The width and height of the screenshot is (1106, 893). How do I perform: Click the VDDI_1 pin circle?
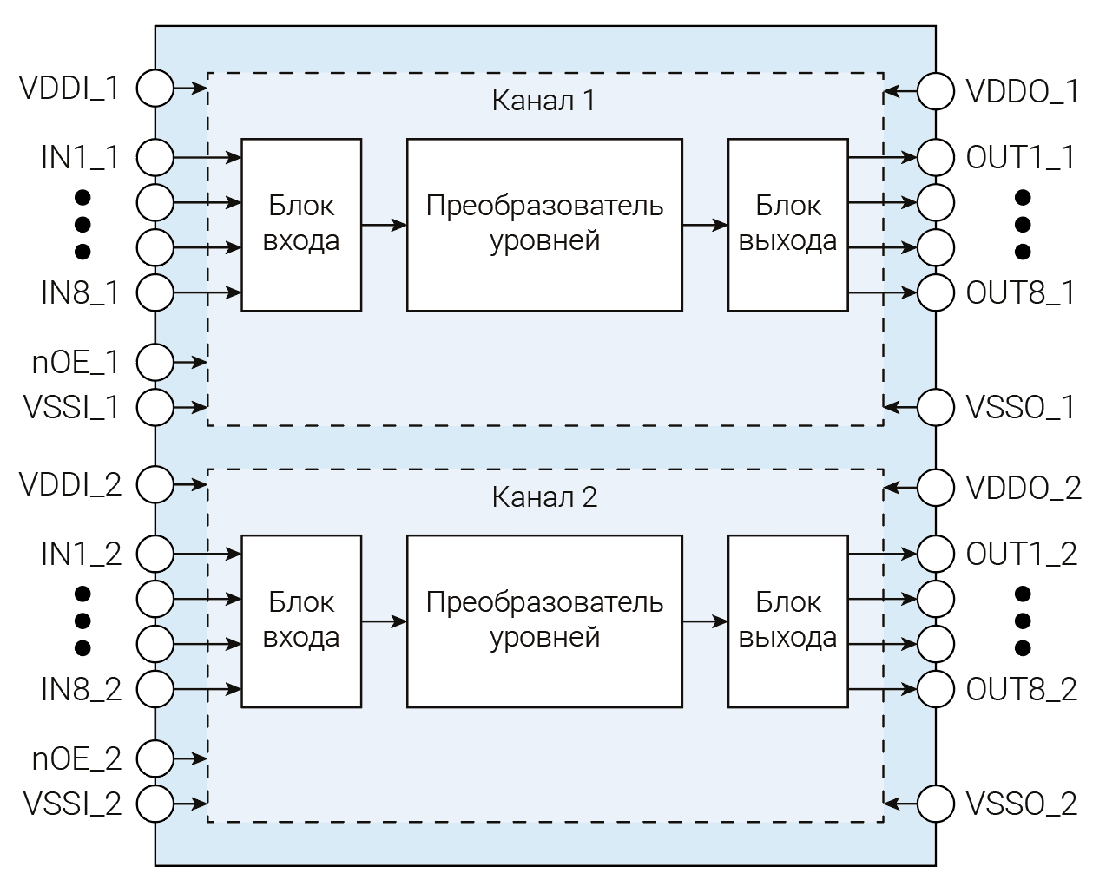coord(155,87)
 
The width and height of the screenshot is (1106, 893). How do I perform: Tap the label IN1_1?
coord(80,158)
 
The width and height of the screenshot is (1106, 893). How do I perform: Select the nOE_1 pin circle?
coord(155,363)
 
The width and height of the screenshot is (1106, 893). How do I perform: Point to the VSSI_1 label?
coord(72,407)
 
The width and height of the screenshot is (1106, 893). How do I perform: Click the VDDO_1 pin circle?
coord(936,91)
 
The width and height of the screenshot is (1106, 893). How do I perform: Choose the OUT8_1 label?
coord(1021,293)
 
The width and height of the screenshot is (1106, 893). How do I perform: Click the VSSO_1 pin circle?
coord(936,407)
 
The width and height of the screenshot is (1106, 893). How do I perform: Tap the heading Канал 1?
coord(543,101)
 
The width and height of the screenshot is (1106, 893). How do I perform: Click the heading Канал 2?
coord(544,497)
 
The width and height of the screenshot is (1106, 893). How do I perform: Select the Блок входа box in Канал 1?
coord(301,224)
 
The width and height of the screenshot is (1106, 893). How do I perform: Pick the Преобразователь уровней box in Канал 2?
coord(544,621)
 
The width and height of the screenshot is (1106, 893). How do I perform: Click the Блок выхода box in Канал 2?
coord(787,621)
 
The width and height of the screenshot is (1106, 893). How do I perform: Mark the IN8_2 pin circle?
coord(155,689)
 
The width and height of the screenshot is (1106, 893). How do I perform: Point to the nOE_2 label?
coord(77,759)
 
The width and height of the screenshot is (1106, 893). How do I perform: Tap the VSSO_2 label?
coord(1022,804)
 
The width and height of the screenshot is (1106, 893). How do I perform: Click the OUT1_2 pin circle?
coord(936,554)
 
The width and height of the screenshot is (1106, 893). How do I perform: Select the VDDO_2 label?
coord(1024,488)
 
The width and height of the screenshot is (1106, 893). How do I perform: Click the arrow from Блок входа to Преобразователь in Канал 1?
coord(384,225)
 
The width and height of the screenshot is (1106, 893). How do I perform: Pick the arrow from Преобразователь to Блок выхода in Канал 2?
coord(705,621)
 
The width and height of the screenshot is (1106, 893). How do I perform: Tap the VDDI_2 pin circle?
coord(155,483)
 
